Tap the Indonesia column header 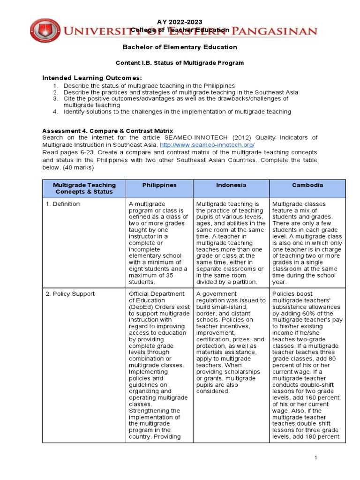point(231,185)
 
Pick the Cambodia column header point(307,185)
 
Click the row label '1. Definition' point(66,204)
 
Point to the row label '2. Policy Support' point(73,294)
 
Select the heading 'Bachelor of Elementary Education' point(180,47)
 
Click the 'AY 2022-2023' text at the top point(180,22)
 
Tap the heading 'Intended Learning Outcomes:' point(92,77)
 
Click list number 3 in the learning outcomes point(55,99)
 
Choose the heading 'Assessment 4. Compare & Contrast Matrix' point(107,130)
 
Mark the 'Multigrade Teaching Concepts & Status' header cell point(84,188)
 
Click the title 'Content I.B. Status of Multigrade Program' point(180,62)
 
